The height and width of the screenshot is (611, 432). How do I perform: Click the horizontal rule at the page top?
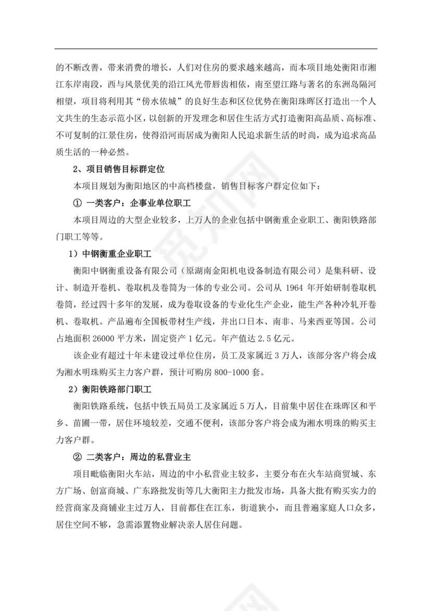pos(215,49)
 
